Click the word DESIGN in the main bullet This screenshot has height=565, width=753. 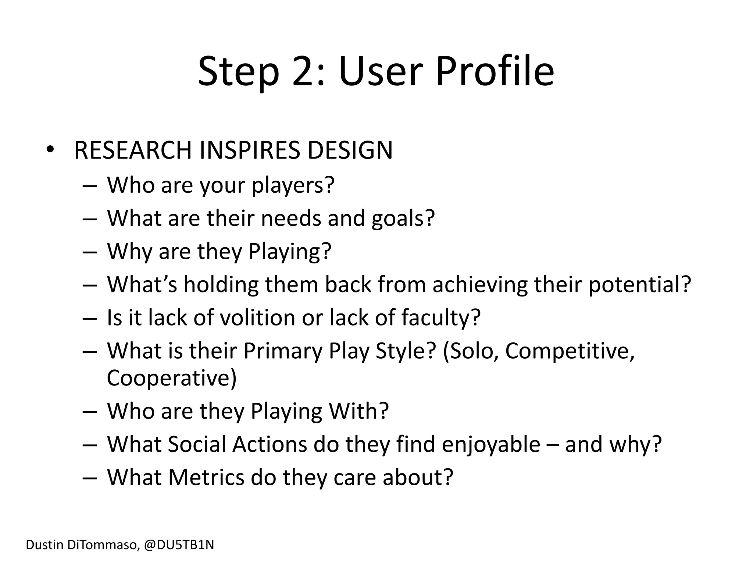coord(350,150)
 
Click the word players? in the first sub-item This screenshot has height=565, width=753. coord(293,185)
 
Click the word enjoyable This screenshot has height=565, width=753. coord(491,444)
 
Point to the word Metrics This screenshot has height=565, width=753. coord(206,477)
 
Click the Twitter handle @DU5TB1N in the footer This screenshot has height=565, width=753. coord(179,545)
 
